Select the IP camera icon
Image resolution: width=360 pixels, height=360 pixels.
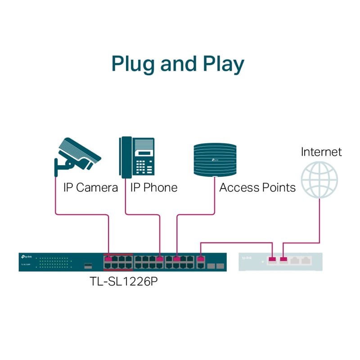(76, 155)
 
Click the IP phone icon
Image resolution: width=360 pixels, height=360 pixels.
(137, 156)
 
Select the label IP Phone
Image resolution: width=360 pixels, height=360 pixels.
(154, 188)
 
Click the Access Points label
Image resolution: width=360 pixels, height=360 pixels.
(257, 188)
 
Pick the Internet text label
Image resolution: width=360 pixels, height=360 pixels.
(321, 152)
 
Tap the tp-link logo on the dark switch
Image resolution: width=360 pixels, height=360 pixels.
(26, 256)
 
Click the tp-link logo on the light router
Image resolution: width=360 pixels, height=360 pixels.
(247, 258)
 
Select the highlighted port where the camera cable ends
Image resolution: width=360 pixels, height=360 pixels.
(108, 259)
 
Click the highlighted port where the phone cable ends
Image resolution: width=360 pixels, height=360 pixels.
(159, 259)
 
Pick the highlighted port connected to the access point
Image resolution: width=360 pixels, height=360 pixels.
(177, 259)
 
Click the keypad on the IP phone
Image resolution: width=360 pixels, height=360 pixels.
(144, 166)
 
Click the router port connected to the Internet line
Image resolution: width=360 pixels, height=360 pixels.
(283, 259)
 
